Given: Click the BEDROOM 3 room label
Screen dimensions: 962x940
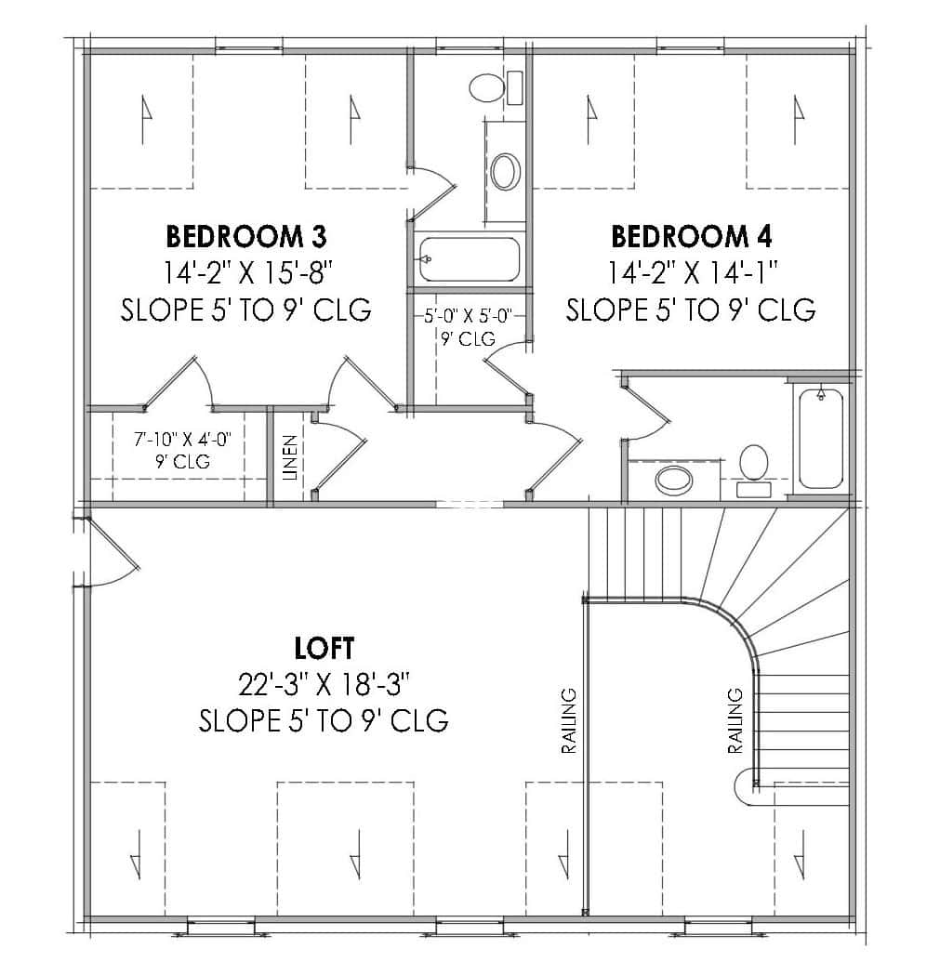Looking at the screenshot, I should pyautogui.click(x=245, y=236).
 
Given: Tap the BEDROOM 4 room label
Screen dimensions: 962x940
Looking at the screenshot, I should pyautogui.click(x=691, y=237).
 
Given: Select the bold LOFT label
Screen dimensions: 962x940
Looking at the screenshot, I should pyautogui.click(x=324, y=646).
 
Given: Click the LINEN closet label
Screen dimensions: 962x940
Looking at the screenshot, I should pyautogui.click(x=290, y=457).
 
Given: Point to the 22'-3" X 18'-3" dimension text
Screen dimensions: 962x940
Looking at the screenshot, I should pyautogui.click(x=324, y=685).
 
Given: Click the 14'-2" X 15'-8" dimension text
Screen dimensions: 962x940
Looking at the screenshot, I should pyautogui.click(x=246, y=272).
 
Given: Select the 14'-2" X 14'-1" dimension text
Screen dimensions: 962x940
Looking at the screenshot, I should pyautogui.click(x=692, y=272).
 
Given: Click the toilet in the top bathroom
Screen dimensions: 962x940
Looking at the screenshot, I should pyautogui.click(x=486, y=88).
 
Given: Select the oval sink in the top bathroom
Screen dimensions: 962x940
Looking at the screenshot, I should pyautogui.click(x=506, y=171).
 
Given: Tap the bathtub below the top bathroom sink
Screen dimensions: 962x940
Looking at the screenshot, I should pyautogui.click(x=469, y=258).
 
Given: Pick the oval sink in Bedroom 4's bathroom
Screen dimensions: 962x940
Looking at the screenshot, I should pyautogui.click(x=674, y=480).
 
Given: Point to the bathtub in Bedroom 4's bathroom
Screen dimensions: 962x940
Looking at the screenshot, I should pyautogui.click(x=820, y=437).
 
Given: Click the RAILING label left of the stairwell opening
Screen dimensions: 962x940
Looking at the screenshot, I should pyautogui.click(x=568, y=720).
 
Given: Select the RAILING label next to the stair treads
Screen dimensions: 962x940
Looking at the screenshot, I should pyautogui.click(x=735, y=720).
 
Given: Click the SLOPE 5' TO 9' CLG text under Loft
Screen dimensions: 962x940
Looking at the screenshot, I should pyautogui.click(x=324, y=720).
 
